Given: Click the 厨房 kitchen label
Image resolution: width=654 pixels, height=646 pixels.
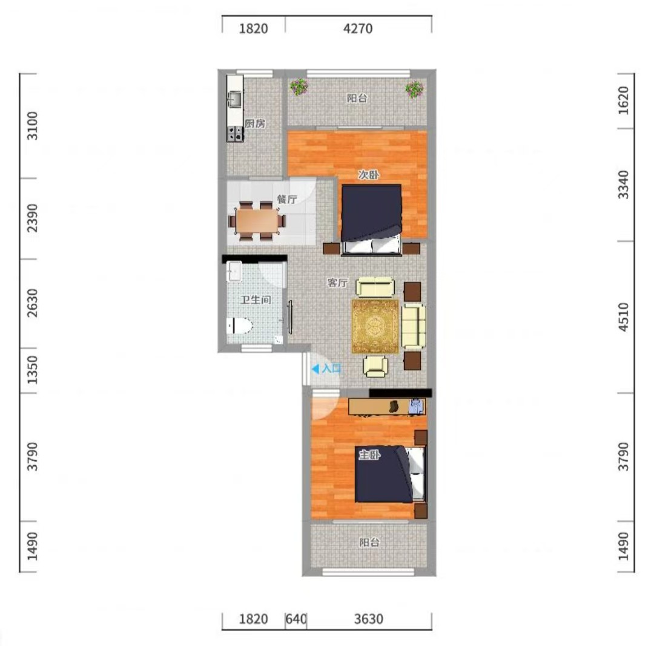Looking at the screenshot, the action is (x=255, y=124).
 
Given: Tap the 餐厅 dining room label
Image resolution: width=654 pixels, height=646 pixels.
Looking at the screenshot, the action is (x=288, y=200).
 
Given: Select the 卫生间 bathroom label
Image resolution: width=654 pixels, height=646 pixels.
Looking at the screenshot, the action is (x=256, y=300).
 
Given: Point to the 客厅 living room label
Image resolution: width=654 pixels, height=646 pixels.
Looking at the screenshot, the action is (x=338, y=283).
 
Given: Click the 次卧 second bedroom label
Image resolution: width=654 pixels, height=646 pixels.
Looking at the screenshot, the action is (x=369, y=175).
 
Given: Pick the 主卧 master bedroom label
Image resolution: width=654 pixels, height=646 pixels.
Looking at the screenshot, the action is (x=369, y=455).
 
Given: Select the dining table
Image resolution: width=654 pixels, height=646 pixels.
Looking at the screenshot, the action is (x=257, y=221).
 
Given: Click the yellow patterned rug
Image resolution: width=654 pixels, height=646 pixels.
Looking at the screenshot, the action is (x=375, y=326).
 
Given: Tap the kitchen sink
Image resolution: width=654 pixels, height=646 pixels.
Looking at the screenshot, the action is (x=235, y=99).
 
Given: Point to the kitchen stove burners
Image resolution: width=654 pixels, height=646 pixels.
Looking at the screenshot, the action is (x=235, y=134).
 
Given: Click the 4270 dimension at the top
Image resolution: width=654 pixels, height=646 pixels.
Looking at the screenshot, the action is (x=358, y=29).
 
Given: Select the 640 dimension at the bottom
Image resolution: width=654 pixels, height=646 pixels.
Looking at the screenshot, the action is (x=296, y=619).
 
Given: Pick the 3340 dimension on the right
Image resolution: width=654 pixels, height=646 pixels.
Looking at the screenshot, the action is (x=623, y=184).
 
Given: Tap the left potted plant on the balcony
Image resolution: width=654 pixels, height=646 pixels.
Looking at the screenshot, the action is (x=299, y=87).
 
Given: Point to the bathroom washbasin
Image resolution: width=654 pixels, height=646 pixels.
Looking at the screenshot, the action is (x=234, y=272).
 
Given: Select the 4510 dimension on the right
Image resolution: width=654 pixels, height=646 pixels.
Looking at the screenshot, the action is (x=623, y=317).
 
